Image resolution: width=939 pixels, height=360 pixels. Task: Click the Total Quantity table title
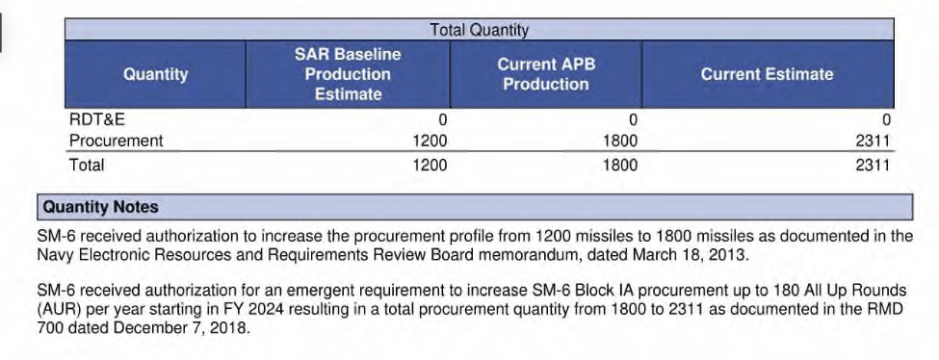tap(479, 29)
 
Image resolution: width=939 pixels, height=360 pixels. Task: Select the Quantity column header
tap(156, 74)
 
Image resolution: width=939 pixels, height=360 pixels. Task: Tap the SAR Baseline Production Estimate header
tap(348, 74)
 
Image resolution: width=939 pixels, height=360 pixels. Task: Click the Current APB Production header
tap(546, 74)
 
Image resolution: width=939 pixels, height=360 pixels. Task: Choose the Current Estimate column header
tap(768, 74)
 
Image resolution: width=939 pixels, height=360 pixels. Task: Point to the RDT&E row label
tap(97, 119)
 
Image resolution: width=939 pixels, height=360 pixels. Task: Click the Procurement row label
tap(117, 141)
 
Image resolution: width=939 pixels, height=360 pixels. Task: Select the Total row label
tap(87, 165)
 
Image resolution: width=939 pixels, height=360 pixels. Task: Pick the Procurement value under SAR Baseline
tap(430, 141)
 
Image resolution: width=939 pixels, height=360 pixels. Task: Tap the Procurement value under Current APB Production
tap(620, 141)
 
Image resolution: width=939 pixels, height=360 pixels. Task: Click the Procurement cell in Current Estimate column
tap(873, 141)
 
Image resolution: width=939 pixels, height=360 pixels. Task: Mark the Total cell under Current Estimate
tap(873, 165)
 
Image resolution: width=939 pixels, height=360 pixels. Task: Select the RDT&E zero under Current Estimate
tap(886, 120)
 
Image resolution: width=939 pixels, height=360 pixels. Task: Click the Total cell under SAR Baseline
tap(430, 165)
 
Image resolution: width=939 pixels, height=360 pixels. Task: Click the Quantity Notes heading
tap(100, 207)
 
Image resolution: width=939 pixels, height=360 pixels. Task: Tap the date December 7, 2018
tap(180, 328)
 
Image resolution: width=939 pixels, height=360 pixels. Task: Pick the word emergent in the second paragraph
tap(314, 291)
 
